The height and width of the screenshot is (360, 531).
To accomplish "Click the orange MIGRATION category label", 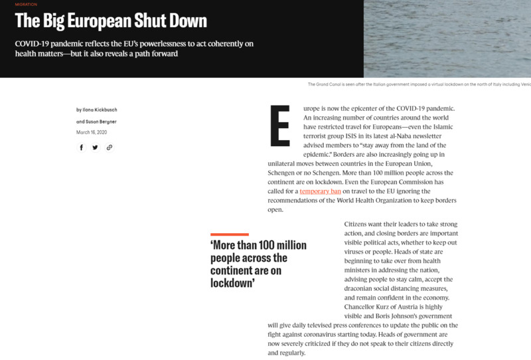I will click(x=25, y=5).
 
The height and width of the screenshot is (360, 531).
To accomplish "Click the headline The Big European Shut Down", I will click(x=111, y=21).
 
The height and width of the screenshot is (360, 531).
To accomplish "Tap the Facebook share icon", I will click(x=82, y=147).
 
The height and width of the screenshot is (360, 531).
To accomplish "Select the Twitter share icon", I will click(x=95, y=147).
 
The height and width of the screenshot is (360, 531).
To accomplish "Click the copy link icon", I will click(x=109, y=147).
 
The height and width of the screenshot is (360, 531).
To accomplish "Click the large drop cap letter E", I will click(x=279, y=125).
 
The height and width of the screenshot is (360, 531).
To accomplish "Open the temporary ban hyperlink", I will click(x=320, y=191).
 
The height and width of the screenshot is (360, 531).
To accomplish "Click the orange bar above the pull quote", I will click(x=229, y=234).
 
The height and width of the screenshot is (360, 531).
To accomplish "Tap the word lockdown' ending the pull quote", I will click(x=233, y=283).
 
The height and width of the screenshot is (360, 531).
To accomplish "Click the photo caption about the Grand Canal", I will click(x=419, y=84).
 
